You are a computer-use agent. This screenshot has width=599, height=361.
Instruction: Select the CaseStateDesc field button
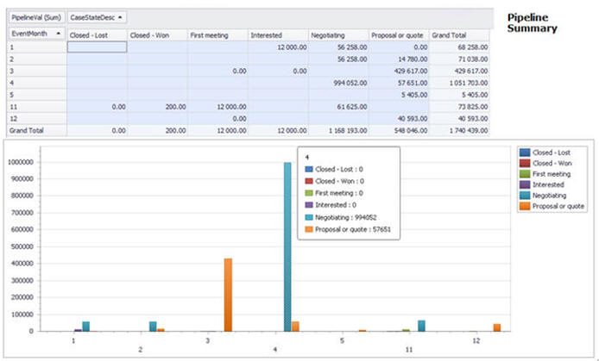tap(97, 16)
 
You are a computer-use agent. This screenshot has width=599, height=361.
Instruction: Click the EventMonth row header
tap(35, 34)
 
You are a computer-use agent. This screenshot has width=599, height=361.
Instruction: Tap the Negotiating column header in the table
tap(338, 34)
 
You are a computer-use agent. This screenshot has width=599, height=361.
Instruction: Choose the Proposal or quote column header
tap(399, 34)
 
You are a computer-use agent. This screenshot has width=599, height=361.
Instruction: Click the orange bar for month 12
tap(496, 327)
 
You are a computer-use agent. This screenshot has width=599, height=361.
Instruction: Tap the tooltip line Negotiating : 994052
tap(343, 219)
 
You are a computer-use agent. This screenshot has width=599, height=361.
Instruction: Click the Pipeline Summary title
tap(532, 23)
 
